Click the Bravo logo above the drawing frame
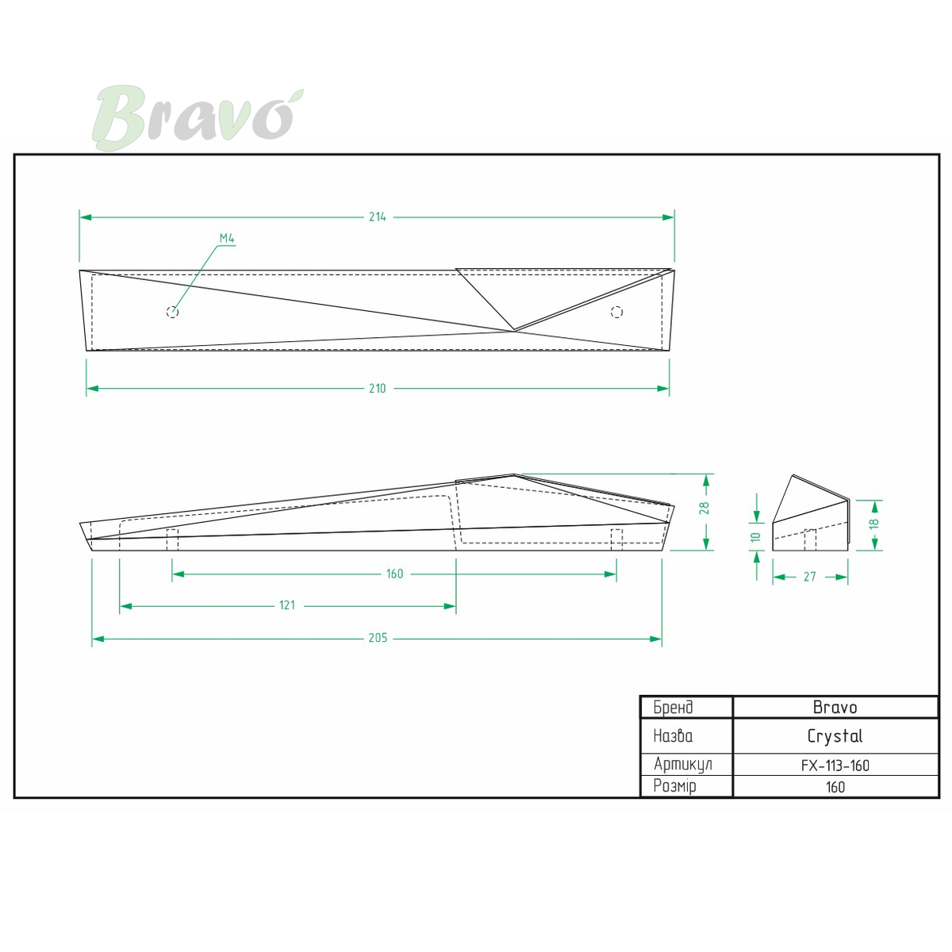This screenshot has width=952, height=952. click(198, 117)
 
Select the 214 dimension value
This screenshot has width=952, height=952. click(378, 217)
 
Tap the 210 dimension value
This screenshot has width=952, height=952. click(378, 388)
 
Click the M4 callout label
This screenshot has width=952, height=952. click(227, 238)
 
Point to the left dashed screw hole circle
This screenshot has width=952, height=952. click(172, 312)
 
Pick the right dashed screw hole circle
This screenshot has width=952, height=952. click(616, 312)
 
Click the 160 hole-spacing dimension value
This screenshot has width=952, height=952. click(395, 574)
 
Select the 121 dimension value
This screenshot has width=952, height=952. click(287, 605)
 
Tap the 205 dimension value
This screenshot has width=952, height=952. click(378, 638)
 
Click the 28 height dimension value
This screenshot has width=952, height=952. click(705, 508)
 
